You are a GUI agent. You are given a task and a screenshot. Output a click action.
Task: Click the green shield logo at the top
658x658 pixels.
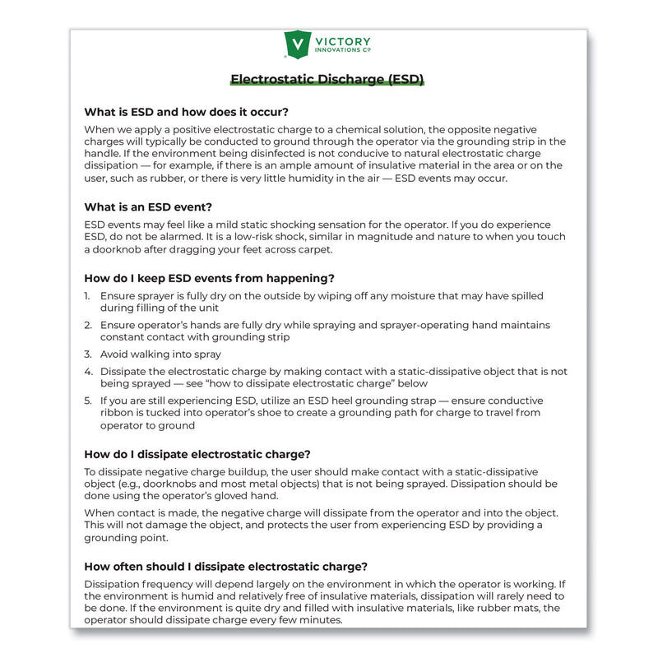[x=296, y=44]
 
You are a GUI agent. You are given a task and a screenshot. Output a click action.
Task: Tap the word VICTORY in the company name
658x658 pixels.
[x=343, y=41]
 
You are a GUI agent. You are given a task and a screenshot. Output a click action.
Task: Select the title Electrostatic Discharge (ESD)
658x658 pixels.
[x=327, y=80]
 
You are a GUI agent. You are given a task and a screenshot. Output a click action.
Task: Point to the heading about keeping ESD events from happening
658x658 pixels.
[x=210, y=277]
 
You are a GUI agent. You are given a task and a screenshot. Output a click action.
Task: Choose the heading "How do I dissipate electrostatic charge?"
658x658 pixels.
[x=197, y=453]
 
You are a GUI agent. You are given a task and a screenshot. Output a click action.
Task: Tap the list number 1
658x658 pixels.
[x=88, y=296]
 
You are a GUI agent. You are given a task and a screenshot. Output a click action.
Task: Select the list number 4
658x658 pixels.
[x=88, y=372]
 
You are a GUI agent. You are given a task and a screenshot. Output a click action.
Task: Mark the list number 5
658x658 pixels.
[x=88, y=401]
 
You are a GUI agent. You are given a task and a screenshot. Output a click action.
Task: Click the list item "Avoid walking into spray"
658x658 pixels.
[x=160, y=354]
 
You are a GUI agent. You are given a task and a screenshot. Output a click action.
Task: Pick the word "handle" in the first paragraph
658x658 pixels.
[x=104, y=154]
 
